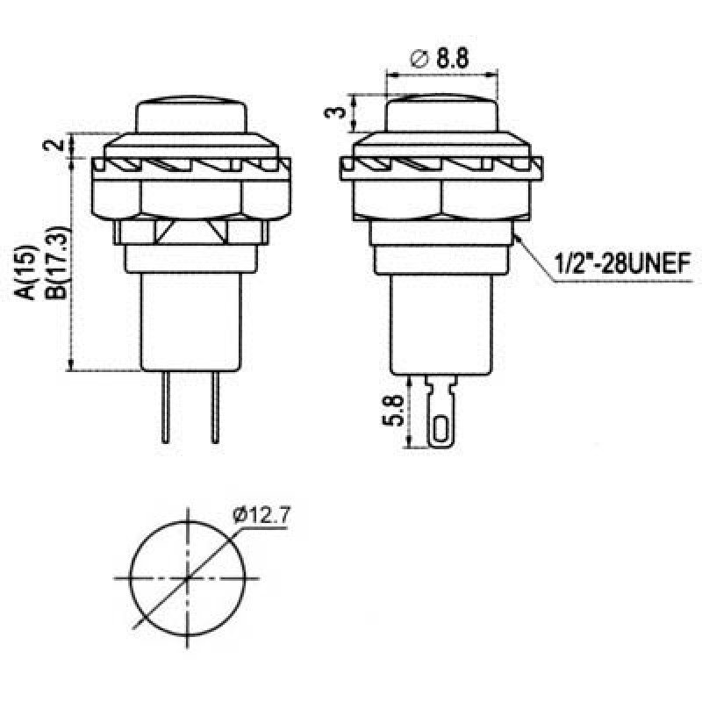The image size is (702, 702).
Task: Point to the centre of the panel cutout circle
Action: (188, 578)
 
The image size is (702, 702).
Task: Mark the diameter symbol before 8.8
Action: (419, 60)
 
